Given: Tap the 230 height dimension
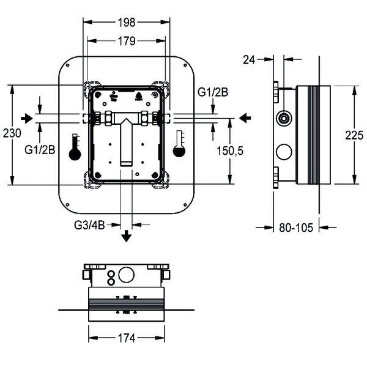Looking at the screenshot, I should (x=12, y=133).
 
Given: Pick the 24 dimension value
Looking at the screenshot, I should (x=249, y=59).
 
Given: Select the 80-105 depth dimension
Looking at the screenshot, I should (x=296, y=228).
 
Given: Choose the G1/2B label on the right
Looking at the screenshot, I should (x=213, y=93).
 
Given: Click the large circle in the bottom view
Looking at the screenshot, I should (x=127, y=276).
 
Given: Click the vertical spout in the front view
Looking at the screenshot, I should (x=127, y=143).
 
